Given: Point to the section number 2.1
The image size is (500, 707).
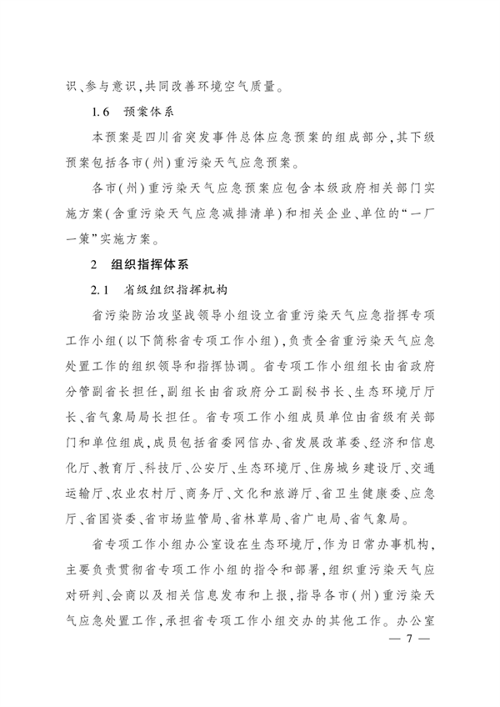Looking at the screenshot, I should click(102, 291).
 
